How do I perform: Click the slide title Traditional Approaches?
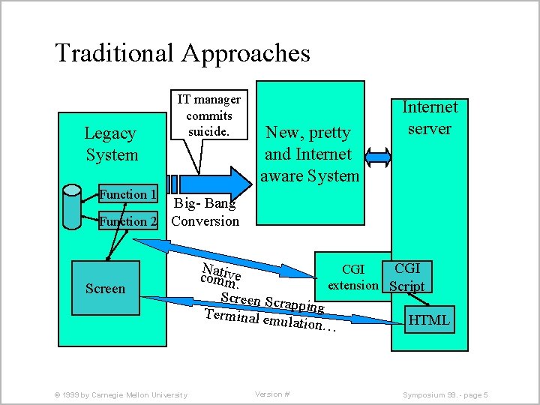pyautogui.click(x=182, y=53)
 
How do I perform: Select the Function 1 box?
pyautogui.click(x=128, y=193)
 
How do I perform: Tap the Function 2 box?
pyautogui.click(x=128, y=220)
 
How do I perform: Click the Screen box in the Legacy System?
pyautogui.click(x=106, y=288)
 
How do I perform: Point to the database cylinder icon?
pyautogui.click(x=72, y=207)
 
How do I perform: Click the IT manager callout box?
pyautogui.click(x=209, y=115)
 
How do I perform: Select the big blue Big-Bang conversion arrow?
pyautogui.click(x=209, y=184)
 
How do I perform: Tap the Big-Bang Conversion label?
pyautogui.click(x=205, y=212)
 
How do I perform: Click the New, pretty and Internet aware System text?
pyautogui.click(x=309, y=154)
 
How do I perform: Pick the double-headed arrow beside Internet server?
pyautogui.click(x=378, y=157)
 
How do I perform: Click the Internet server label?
pyautogui.click(x=430, y=118)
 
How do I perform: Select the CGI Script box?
pyautogui.click(x=407, y=277)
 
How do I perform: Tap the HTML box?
pyautogui.click(x=430, y=319)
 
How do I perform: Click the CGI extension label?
pyautogui.click(x=353, y=277)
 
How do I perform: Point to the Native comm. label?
pyautogui.click(x=220, y=276)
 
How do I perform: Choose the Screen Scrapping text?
pyautogui.click(x=272, y=302)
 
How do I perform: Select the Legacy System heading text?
pyautogui.click(x=112, y=144)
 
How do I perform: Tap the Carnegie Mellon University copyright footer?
pyautogui.click(x=121, y=395)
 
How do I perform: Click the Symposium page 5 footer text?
pyautogui.click(x=445, y=395)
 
